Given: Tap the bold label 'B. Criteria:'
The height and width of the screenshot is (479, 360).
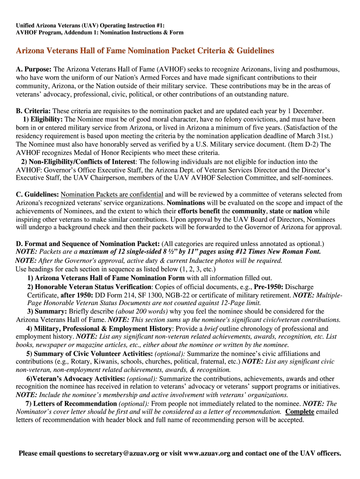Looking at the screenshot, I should click(33, 111).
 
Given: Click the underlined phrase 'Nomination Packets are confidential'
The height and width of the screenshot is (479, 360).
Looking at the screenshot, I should click(112, 195).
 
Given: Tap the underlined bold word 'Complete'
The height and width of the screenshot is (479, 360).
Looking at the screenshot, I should click(300, 412).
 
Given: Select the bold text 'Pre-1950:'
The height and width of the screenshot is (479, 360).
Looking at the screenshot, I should click(269, 287).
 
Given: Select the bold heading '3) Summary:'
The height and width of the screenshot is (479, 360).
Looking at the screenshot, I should click(47, 312).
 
